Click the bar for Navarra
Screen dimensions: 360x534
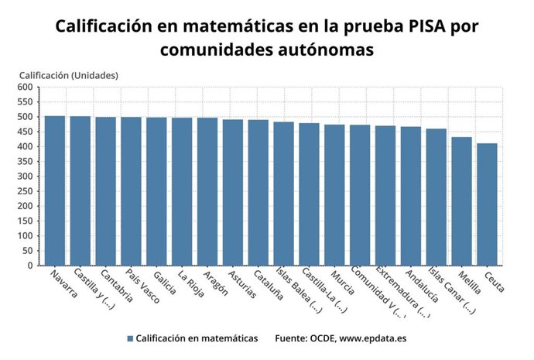tap(54, 190)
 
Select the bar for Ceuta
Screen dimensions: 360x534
tap(487, 204)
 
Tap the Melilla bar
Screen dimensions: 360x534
tap(461, 201)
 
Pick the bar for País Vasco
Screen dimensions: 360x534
tap(131, 191)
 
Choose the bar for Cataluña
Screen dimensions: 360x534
tap(258, 193)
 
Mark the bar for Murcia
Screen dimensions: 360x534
tap(334, 195)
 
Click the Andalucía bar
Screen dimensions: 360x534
tap(411, 196)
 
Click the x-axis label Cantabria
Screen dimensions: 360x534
tap(115, 287)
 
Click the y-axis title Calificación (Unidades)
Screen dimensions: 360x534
tap(68, 75)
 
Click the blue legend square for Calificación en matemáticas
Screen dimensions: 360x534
tap(130, 338)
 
